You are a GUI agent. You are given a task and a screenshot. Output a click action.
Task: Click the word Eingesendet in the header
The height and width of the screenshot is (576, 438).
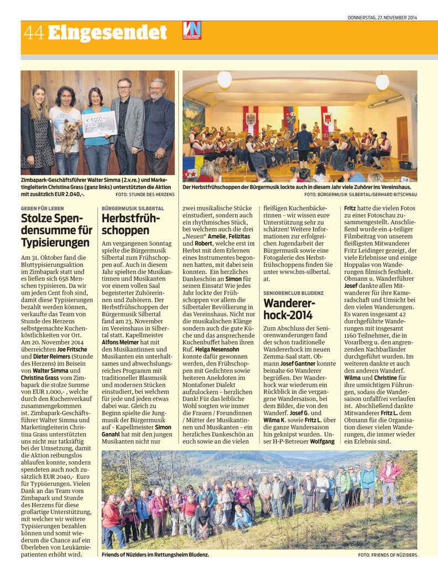coord(108,33)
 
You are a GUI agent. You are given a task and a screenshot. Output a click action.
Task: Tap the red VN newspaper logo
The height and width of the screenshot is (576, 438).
coord(191,30)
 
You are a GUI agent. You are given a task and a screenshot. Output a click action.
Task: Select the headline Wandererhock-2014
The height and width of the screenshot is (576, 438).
coord(288,309)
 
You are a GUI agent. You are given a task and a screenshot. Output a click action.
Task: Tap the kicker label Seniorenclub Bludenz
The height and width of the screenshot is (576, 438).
coord(293,292)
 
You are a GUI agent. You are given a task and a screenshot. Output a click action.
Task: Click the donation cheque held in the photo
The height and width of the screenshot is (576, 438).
coord(99,124)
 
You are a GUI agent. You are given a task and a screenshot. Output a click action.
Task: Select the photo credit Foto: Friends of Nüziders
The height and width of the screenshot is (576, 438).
coord(387,554)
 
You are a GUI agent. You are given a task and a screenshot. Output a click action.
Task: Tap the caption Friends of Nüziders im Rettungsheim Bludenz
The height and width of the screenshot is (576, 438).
coord(156,554)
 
